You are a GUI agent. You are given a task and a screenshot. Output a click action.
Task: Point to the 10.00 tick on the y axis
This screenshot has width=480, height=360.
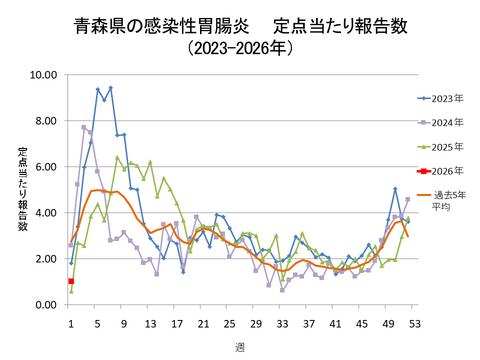click(42, 75)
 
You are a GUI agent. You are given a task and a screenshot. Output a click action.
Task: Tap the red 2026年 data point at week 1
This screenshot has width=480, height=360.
click(71, 282)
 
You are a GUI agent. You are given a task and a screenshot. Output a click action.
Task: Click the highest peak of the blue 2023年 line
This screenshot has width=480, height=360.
click(110, 88)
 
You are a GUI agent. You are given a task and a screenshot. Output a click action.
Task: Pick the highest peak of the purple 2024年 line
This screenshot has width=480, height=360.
click(84, 127)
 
